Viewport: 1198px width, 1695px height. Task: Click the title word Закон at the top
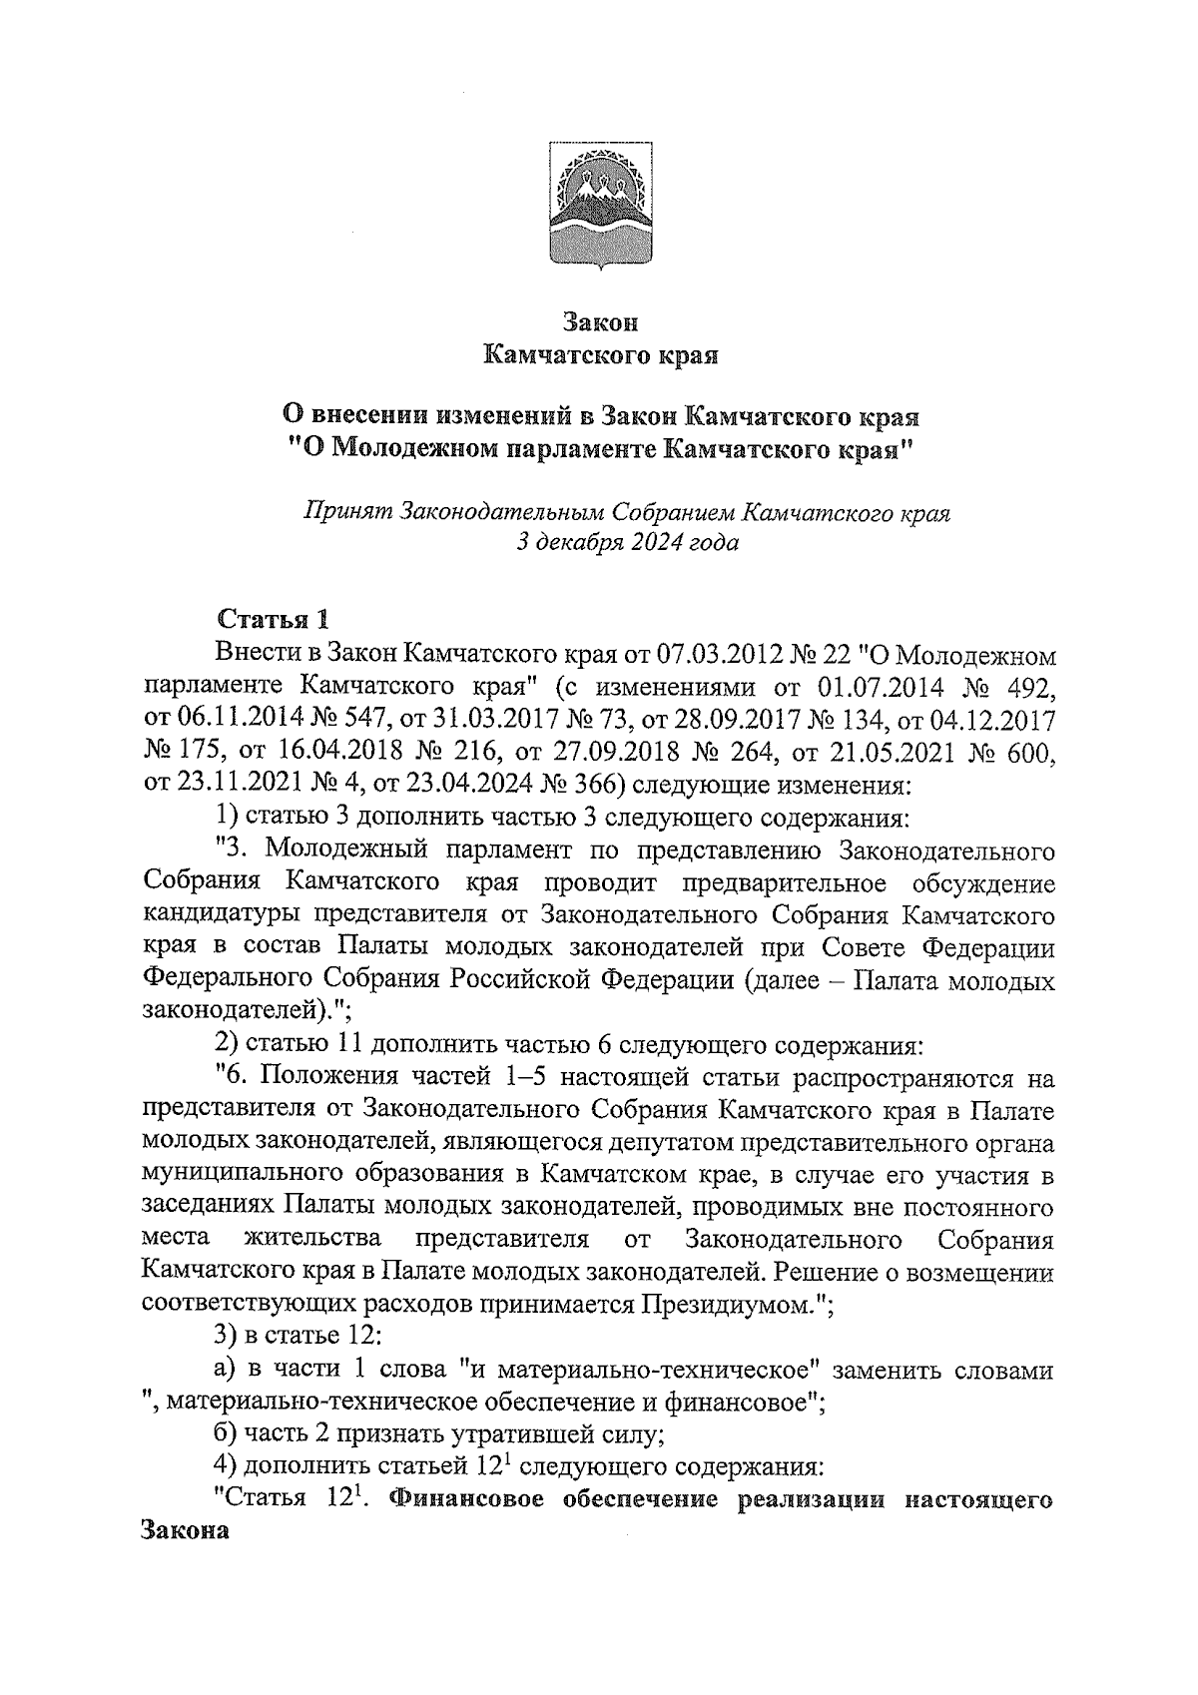click(599, 322)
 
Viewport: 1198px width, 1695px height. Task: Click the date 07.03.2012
click(715, 655)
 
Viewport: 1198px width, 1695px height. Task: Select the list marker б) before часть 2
click(228, 1434)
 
